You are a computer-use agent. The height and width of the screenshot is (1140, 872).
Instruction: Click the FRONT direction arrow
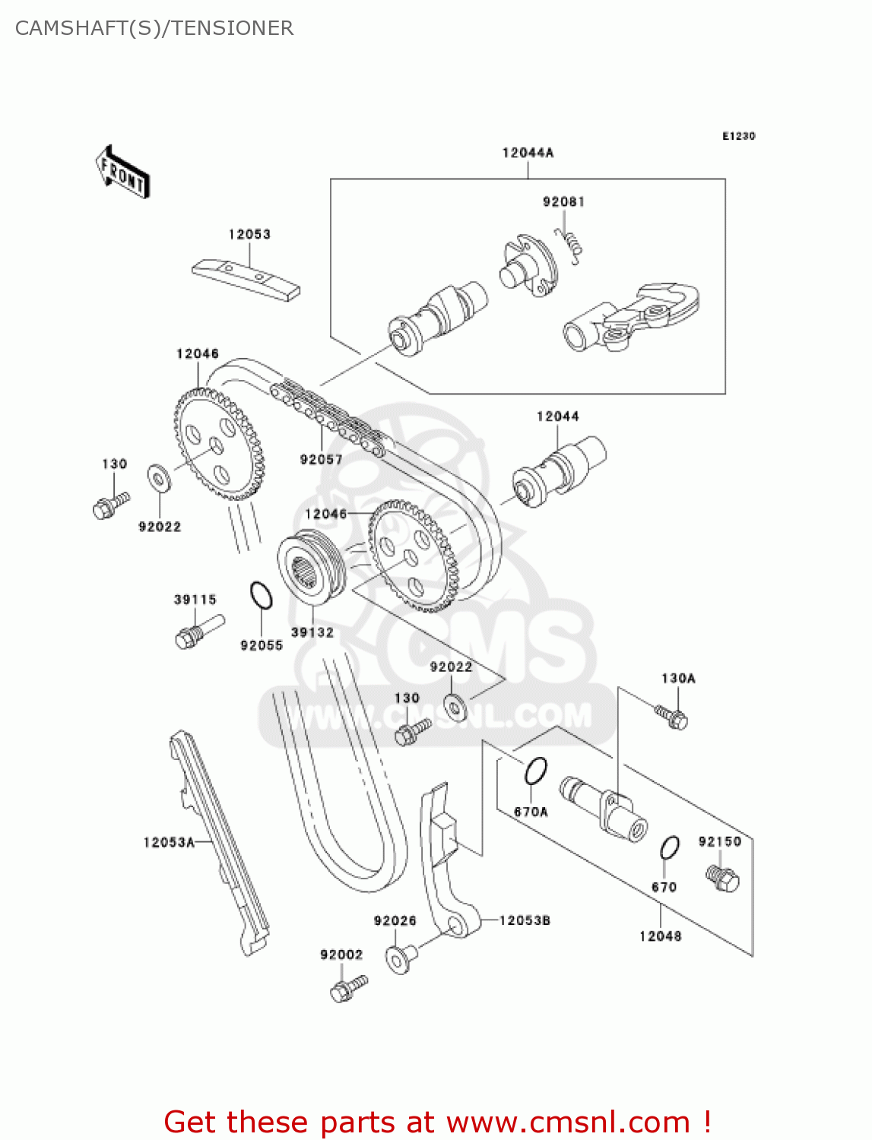pyautogui.click(x=122, y=173)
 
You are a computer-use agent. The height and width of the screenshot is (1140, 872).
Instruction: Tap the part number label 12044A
pyautogui.click(x=528, y=153)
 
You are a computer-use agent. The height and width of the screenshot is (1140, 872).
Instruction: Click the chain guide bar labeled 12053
pyautogui.click(x=245, y=279)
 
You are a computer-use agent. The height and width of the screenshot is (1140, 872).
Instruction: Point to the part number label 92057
pyautogui.click(x=321, y=459)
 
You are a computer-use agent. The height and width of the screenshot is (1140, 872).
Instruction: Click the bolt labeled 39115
pyautogui.click(x=198, y=632)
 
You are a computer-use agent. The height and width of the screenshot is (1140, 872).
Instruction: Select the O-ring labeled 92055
pyautogui.click(x=261, y=595)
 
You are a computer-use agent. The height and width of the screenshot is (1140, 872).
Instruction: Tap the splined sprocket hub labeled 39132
pyautogui.click(x=312, y=571)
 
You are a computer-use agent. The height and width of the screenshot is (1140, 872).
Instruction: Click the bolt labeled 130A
pyautogui.click(x=672, y=716)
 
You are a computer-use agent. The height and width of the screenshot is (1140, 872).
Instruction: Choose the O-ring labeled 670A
pyautogui.click(x=535, y=771)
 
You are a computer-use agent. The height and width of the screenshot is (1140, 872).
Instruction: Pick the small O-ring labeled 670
pyautogui.click(x=670, y=847)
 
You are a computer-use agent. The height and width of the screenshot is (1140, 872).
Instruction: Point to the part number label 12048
pyautogui.click(x=660, y=936)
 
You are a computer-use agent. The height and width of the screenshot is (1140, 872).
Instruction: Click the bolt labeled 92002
pyautogui.click(x=348, y=988)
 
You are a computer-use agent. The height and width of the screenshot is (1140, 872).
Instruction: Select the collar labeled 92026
pyautogui.click(x=400, y=958)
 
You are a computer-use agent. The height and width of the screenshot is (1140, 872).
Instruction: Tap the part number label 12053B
pyautogui.click(x=525, y=920)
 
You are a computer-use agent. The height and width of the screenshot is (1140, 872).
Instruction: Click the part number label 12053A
pyautogui.click(x=169, y=842)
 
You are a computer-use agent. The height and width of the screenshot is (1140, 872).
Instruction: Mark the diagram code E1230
pyautogui.click(x=738, y=136)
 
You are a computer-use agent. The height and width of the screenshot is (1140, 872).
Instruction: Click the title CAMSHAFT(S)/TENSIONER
pyautogui.click(x=154, y=28)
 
